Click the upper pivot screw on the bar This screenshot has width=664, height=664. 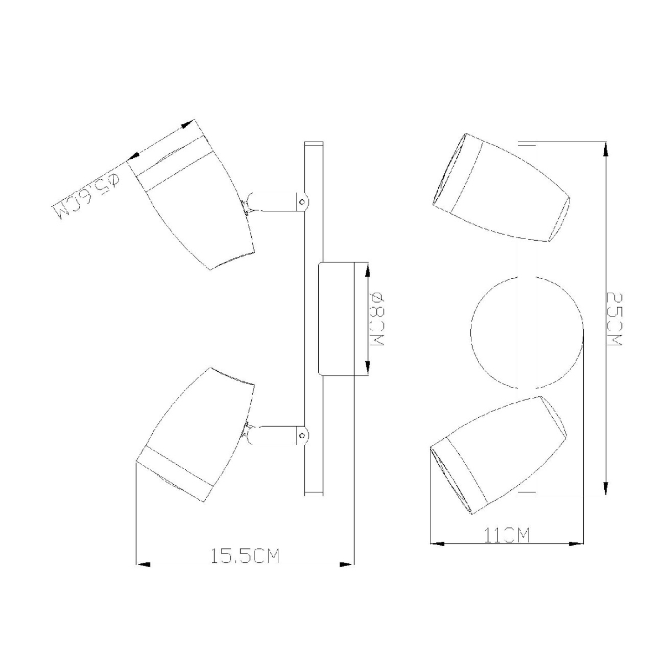coord(302,201)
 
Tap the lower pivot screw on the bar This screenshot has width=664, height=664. coord(302,436)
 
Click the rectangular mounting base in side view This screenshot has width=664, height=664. coord(336,318)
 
